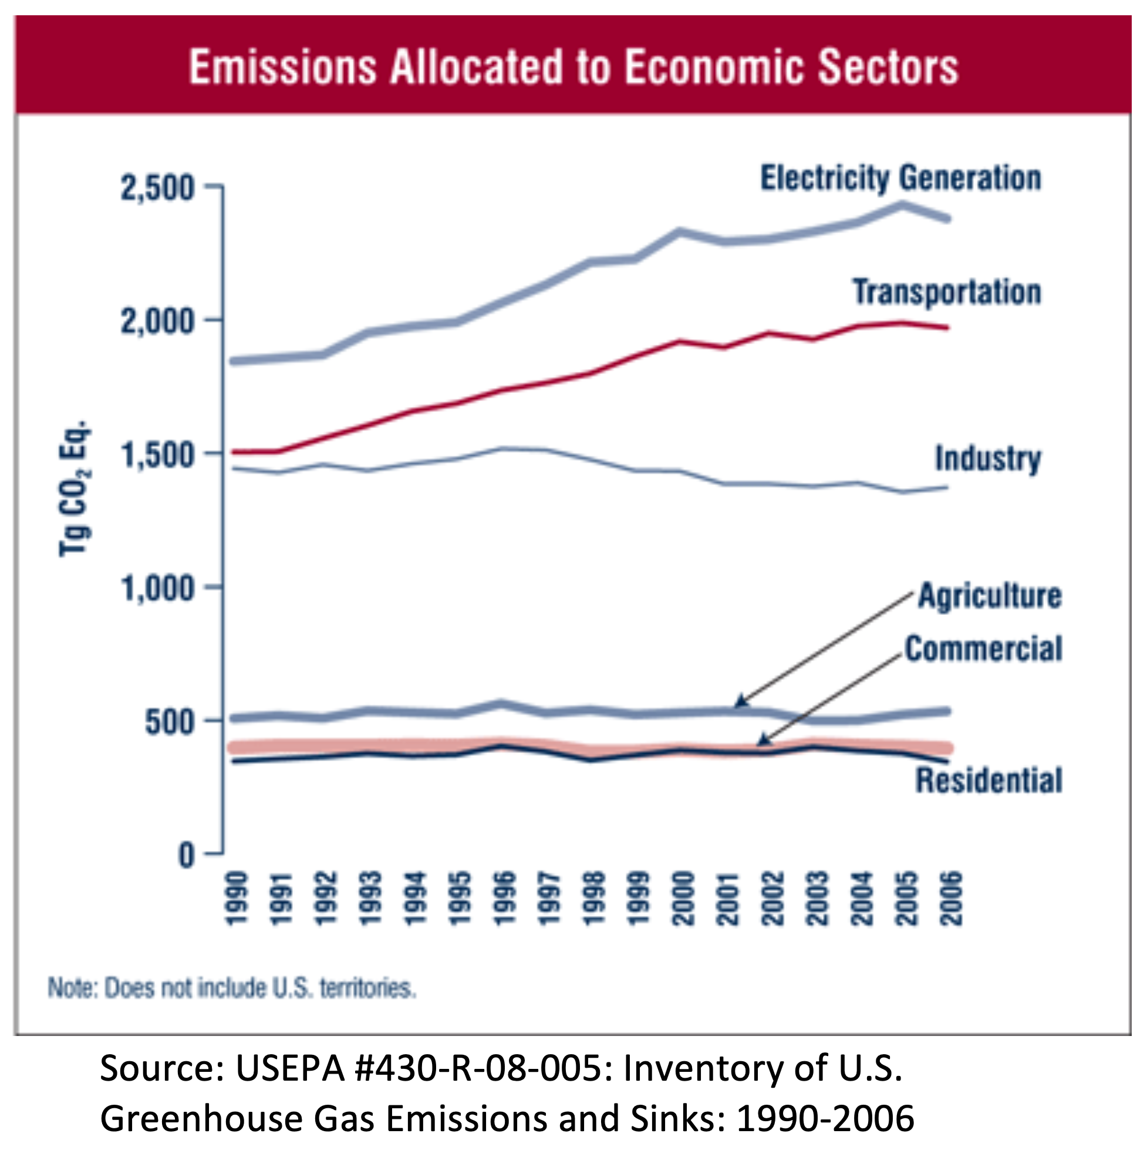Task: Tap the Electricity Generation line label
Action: pos(900,178)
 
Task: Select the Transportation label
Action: pos(946,292)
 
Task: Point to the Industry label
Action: pos(988,459)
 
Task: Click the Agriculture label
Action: pos(990,596)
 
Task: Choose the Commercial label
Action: pos(983,649)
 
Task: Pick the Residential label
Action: pos(989,781)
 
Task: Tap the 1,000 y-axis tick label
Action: pos(158,588)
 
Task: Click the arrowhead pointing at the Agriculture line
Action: pos(741,700)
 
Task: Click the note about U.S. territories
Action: pos(232,988)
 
